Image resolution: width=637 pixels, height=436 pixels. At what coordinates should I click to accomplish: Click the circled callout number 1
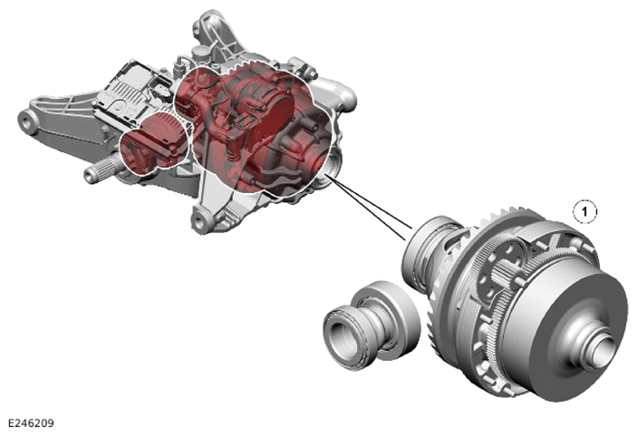584,211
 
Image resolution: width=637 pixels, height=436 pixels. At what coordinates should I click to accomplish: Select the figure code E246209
31,423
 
